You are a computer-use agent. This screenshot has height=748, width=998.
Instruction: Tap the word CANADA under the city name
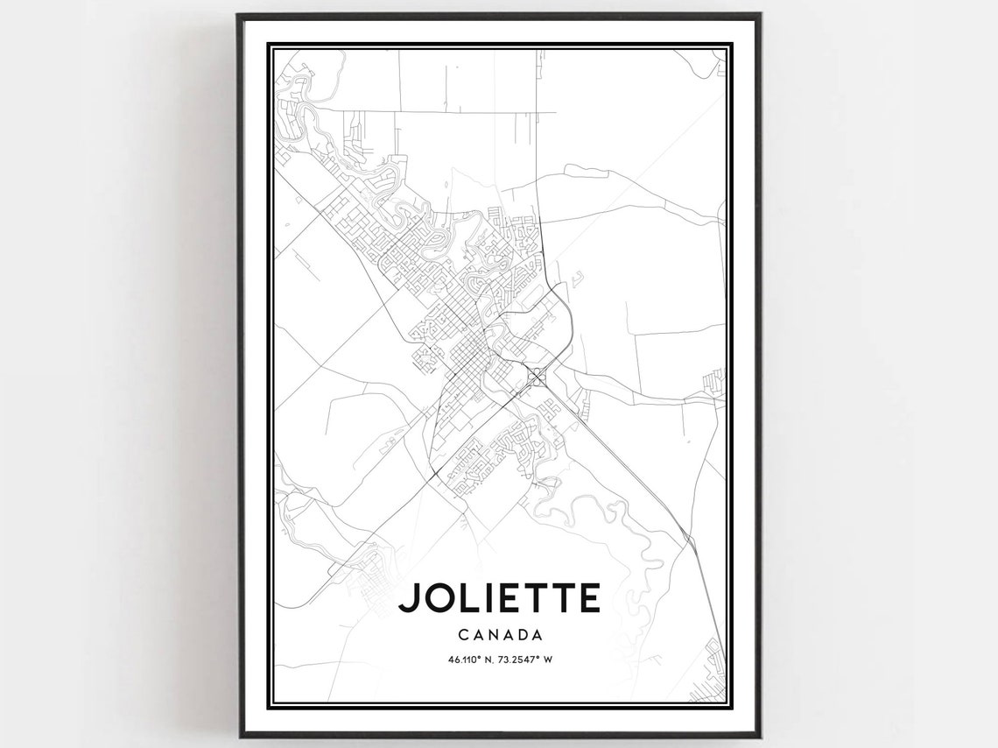500,634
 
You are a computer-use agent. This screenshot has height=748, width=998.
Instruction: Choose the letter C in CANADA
460,634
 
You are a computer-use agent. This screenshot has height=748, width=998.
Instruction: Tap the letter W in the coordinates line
548,660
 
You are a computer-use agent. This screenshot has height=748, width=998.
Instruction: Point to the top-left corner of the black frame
239,15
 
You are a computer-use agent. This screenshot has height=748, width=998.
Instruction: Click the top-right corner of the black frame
759,15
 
